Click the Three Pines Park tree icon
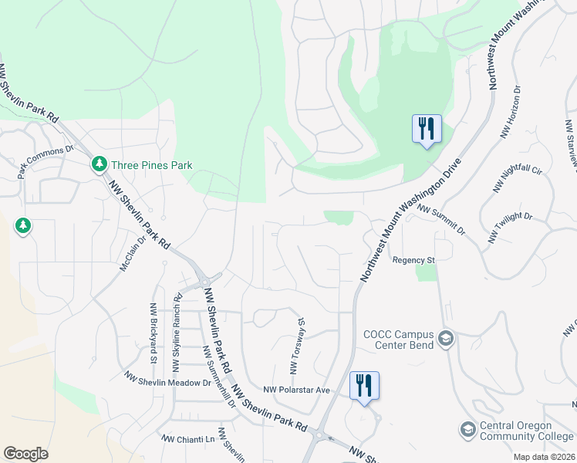99,164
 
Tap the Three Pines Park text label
151,165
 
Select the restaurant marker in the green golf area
427,128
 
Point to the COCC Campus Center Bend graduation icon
445,338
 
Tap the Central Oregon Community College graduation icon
467,429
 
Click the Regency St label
414,261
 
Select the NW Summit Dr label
441,219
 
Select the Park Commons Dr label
45,161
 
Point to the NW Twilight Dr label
510,228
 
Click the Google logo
25,454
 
